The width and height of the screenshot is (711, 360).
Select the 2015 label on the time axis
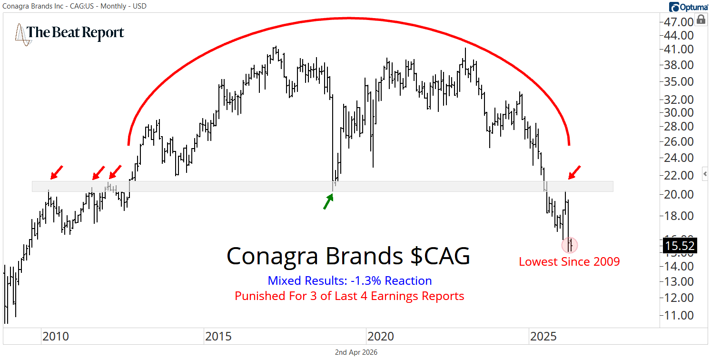pyautogui.click(x=218, y=337)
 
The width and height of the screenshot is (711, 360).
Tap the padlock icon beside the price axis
pyautogui.click(x=701, y=20)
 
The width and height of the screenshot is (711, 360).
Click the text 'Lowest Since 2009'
pyautogui.click(x=569, y=261)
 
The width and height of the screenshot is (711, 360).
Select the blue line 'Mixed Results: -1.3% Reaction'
pyautogui.click(x=350, y=280)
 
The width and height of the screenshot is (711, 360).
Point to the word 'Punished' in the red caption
pyautogui.click(x=260, y=296)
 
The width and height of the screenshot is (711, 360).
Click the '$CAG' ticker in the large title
pyautogui.click(x=440, y=256)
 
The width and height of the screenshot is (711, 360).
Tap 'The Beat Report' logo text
pyautogui.click(x=75, y=32)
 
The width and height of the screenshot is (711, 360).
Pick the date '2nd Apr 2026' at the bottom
pyautogui.click(x=356, y=352)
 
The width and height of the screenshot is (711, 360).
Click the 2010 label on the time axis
pyautogui.click(x=55, y=337)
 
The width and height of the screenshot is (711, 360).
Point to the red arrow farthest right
pyautogui.click(x=574, y=172)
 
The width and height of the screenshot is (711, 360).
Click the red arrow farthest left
pyautogui.click(x=57, y=172)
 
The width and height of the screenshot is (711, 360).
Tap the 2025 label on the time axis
pyautogui.click(x=543, y=337)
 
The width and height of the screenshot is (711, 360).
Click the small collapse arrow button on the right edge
pyautogui.click(x=705, y=174)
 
